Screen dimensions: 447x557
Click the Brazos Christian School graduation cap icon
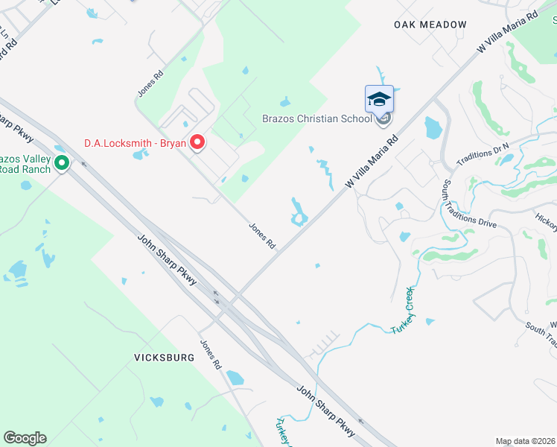coord(378,98)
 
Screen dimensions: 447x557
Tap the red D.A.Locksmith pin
coord(197,142)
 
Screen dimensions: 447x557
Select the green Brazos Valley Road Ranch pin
coord(62,162)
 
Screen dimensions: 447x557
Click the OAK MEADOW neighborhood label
coord(430,25)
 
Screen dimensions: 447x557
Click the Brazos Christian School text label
coord(316,118)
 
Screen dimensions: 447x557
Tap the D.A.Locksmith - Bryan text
coord(134,142)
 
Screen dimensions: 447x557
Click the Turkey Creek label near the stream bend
coord(403,309)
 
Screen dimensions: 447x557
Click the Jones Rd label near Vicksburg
coord(211,355)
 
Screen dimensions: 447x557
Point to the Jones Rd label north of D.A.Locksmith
coord(150,83)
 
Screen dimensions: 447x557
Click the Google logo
coord(25,438)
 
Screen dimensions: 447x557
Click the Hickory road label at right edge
coord(545,218)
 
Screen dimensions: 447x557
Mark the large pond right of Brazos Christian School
coord(433,128)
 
